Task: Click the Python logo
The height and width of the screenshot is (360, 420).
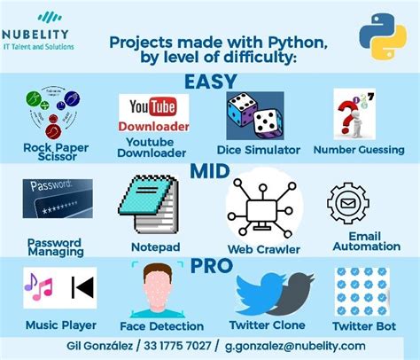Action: (x=382, y=39)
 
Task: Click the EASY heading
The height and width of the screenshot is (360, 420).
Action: (x=210, y=82)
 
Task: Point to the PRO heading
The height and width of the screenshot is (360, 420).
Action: (x=210, y=264)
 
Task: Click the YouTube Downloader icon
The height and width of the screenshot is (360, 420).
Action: (x=152, y=114)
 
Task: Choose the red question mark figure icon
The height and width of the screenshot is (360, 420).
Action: (x=354, y=113)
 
